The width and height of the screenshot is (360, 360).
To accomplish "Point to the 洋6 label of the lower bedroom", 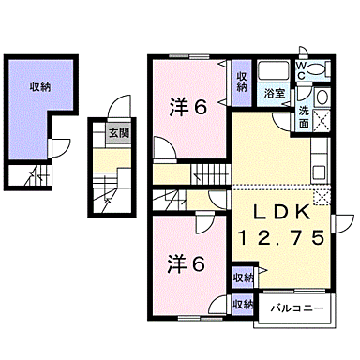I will pos(186,263).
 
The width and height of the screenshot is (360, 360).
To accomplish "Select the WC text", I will pos(302,68).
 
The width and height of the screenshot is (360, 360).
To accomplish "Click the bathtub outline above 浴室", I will pos(273,72).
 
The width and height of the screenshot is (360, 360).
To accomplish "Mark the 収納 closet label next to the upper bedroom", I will pos(241,82).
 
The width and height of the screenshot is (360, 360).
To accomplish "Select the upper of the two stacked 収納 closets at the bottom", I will pos(243,277).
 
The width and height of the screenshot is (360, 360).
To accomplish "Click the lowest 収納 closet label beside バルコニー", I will pos(243,305).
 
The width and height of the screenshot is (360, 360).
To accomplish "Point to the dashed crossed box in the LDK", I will pos(323,196).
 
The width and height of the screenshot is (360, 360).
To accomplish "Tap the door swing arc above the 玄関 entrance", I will pos(117,106).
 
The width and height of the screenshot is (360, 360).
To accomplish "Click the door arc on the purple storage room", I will pos(59,148).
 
